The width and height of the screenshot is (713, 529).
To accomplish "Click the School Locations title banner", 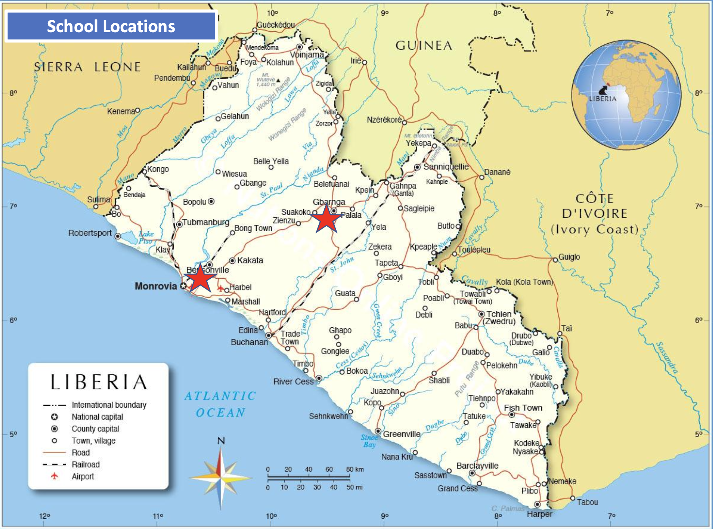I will pos(111,26).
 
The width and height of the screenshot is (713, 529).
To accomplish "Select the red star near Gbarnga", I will pos(326,219).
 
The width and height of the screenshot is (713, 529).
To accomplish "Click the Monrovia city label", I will pos(156,286).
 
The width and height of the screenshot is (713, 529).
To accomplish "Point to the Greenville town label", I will pos(402,434).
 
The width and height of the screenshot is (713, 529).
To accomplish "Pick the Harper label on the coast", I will pos(539,514).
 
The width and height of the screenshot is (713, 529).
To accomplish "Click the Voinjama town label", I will pos(307,55).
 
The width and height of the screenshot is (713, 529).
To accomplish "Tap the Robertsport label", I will pos(90,233).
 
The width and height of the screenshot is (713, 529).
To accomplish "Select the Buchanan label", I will pos(249,342).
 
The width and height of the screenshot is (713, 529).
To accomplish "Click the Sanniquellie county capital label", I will pos(446,167).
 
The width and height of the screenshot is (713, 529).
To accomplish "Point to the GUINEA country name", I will pos(424,46).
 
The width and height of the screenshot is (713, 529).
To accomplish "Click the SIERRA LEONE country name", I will pos(88,67).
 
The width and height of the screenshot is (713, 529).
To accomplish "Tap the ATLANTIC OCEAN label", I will pos(220,404).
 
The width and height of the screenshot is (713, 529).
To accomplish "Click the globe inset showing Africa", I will pos(626,95).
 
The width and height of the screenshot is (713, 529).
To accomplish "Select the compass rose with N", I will pos(221,477).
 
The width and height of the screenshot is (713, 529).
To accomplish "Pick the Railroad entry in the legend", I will pos(86,464).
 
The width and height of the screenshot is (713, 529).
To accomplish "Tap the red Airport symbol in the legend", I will pos(55,476).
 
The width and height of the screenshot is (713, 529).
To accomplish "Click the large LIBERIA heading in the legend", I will pos(99,382).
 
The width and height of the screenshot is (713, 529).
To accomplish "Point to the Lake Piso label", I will pos(146,237).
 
